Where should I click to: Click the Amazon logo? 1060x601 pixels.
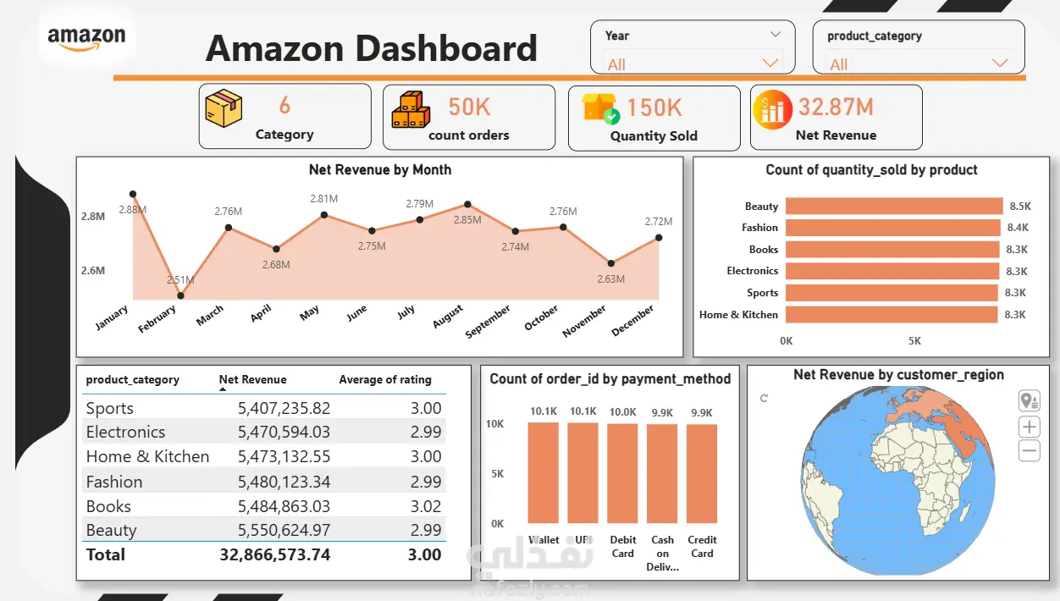tap(86, 39)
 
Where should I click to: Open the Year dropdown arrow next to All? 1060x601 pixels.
tap(770, 63)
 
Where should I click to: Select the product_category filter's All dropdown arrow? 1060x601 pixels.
tap(999, 63)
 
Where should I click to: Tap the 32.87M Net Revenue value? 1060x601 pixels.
tap(836, 107)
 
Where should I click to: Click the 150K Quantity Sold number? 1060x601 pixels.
tap(654, 108)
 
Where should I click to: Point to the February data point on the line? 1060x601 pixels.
tap(181, 295)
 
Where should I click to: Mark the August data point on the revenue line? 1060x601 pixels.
tap(467, 204)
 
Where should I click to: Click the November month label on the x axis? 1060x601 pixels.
tap(584, 321)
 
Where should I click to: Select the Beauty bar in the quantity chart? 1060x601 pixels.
tap(894, 206)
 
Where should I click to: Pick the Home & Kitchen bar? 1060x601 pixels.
tap(892, 315)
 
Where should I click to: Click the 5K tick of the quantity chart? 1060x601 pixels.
tap(914, 341)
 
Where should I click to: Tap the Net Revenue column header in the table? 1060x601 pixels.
tap(252, 379)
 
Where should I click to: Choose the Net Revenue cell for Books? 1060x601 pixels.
tap(284, 506)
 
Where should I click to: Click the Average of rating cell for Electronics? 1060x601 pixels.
tap(426, 432)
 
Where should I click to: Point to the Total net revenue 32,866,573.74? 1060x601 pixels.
tap(275, 554)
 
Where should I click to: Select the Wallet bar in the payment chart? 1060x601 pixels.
tap(544, 472)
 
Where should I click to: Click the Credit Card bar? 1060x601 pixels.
tap(702, 474)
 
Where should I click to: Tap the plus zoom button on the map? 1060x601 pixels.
tap(1029, 427)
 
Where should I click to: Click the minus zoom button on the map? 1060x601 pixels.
tap(1029, 450)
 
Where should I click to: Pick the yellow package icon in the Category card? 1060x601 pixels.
tap(224, 108)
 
